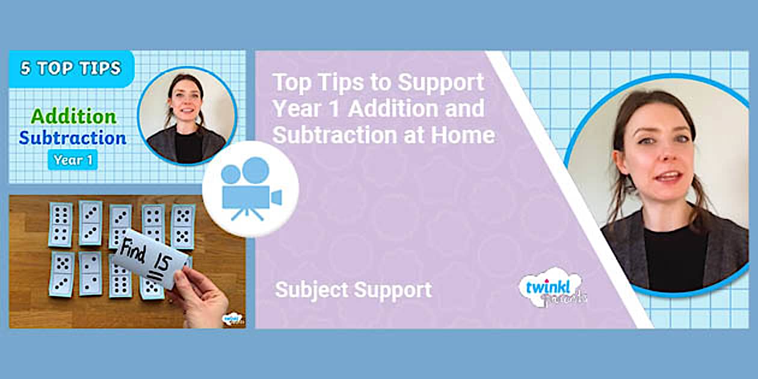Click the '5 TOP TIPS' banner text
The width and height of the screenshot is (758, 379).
(x=70, y=68)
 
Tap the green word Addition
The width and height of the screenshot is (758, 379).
(x=73, y=116)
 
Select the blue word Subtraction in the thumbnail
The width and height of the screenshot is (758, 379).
(x=72, y=138)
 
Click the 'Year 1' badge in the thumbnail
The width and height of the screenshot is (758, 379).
(x=72, y=160)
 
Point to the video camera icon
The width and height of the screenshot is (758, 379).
(x=250, y=189)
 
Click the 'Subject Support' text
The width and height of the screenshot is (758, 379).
(x=353, y=290)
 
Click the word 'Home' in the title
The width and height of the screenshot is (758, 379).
(x=463, y=135)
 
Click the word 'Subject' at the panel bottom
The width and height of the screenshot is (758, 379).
(x=312, y=290)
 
